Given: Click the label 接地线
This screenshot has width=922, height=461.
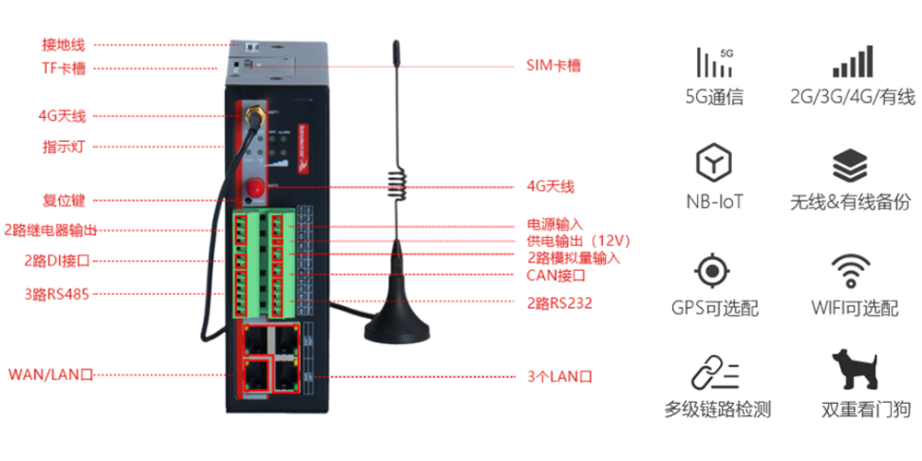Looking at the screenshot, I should [x=64, y=44].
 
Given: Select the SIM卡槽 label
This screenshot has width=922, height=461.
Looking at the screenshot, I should [x=553, y=65].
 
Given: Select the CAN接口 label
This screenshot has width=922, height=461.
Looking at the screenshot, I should [x=556, y=275].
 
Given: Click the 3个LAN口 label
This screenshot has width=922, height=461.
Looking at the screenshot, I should [x=559, y=376].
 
